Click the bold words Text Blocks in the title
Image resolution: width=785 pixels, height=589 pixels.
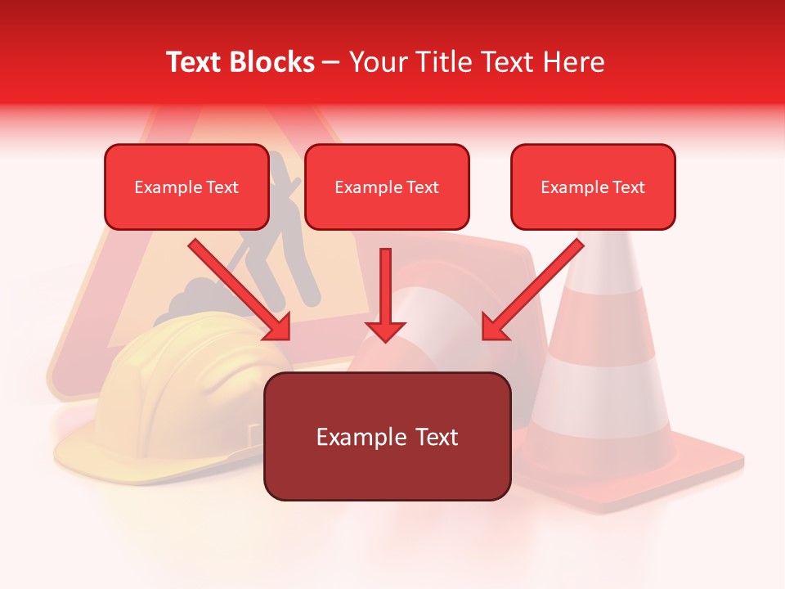tap(240, 62)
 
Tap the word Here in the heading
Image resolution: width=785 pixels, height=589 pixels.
tap(573, 62)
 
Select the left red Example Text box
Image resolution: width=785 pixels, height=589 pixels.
tap(186, 187)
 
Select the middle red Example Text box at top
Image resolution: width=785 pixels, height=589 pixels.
tap(387, 187)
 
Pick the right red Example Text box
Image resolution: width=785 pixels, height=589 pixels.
tap(593, 187)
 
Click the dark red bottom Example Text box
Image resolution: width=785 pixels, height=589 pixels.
tap(387, 437)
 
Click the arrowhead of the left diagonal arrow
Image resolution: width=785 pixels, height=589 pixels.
tap(278, 327)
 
